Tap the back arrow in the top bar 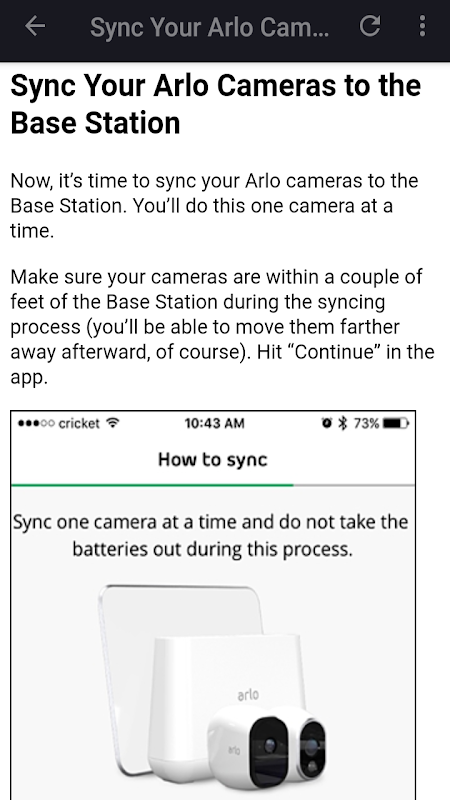pos(35,26)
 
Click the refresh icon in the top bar pos(370,26)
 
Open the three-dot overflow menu pos(422,26)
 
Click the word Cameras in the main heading pos(277,86)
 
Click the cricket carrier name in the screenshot pos(79,423)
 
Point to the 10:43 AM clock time pos(214,423)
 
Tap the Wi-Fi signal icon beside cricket pos(113,423)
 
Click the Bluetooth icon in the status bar pos(343,423)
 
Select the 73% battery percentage pos(366,423)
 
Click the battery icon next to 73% pos(396,423)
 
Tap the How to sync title pos(213,460)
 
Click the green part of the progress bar pos(152,485)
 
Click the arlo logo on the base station pos(248,694)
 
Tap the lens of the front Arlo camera pos(270,745)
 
